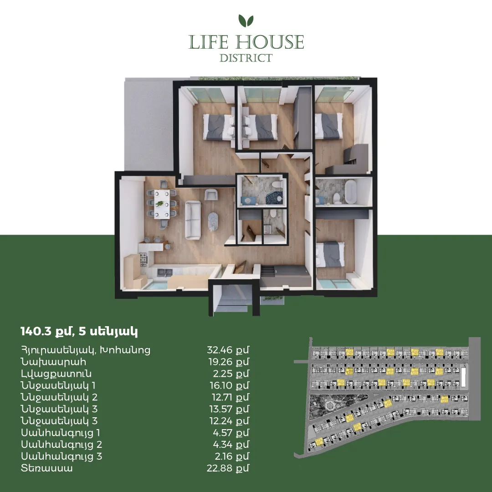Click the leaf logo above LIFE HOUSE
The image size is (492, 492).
point(246,20)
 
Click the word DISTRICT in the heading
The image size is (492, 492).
point(246,58)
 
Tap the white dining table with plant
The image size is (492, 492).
point(162,204)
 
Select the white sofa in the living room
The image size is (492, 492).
point(193,220)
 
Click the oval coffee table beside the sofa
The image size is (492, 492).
point(214,221)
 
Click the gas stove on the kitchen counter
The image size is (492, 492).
point(143,260)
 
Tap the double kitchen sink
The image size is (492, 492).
point(164,273)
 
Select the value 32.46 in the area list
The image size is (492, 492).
point(220,350)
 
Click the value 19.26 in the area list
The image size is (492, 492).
point(221,362)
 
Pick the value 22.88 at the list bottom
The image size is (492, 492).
point(220,468)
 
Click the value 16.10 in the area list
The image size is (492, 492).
point(221,385)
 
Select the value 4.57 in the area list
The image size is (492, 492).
point(223,433)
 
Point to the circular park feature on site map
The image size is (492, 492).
point(330,406)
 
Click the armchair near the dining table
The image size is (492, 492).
point(211,195)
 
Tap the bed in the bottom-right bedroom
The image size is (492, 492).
point(330,254)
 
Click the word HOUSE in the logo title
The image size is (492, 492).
point(270,42)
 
